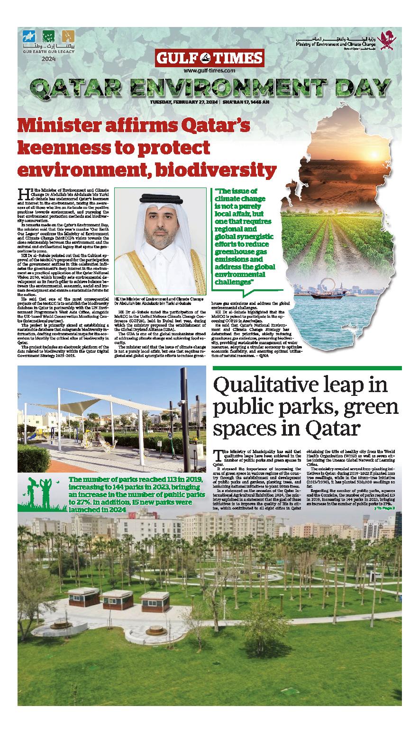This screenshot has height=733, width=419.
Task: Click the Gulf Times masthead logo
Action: tap(209, 58)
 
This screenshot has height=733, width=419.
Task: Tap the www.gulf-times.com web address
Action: tap(209, 71)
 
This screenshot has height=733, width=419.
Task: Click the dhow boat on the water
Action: tap(324, 295)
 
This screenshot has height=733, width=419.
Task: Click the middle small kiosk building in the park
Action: tap(118, 599)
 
